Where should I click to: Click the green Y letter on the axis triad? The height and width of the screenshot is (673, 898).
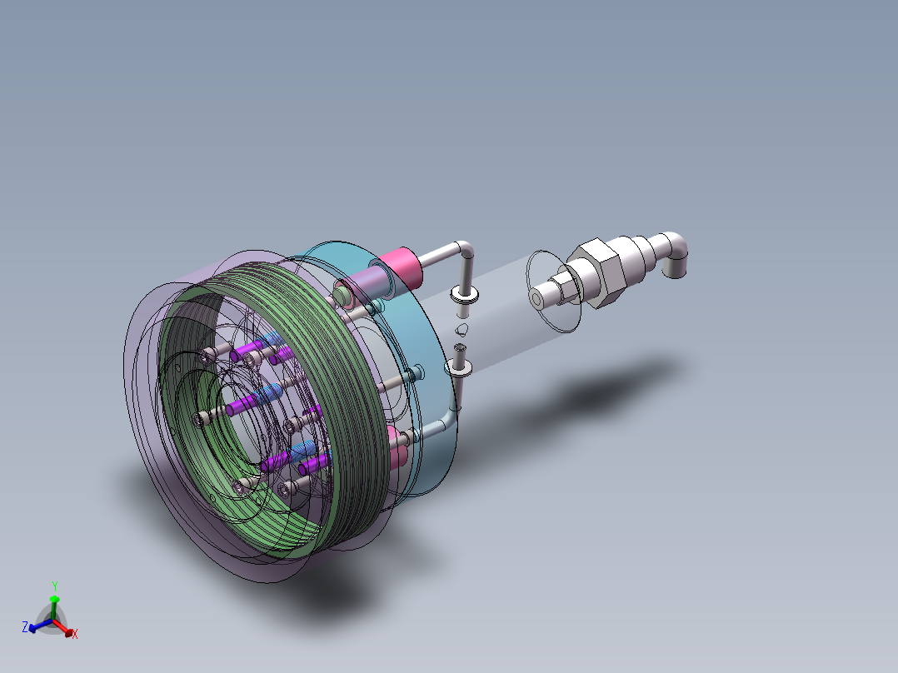click(x=55, y=586)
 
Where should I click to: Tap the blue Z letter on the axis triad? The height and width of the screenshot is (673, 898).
click(x=25, y=625)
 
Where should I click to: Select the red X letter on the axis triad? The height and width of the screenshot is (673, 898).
click(x=75, y=635)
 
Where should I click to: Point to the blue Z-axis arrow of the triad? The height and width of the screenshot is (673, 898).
click(x=37, y=627)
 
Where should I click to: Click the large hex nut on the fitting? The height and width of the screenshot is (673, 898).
click(x=597, y=272)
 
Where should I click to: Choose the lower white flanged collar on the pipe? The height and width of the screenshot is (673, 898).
click(x=460, y=366)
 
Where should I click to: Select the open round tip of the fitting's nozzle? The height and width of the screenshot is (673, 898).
click(x=538, y=297)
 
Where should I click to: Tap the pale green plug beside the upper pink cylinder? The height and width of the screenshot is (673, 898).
click(x=344, y=293)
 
